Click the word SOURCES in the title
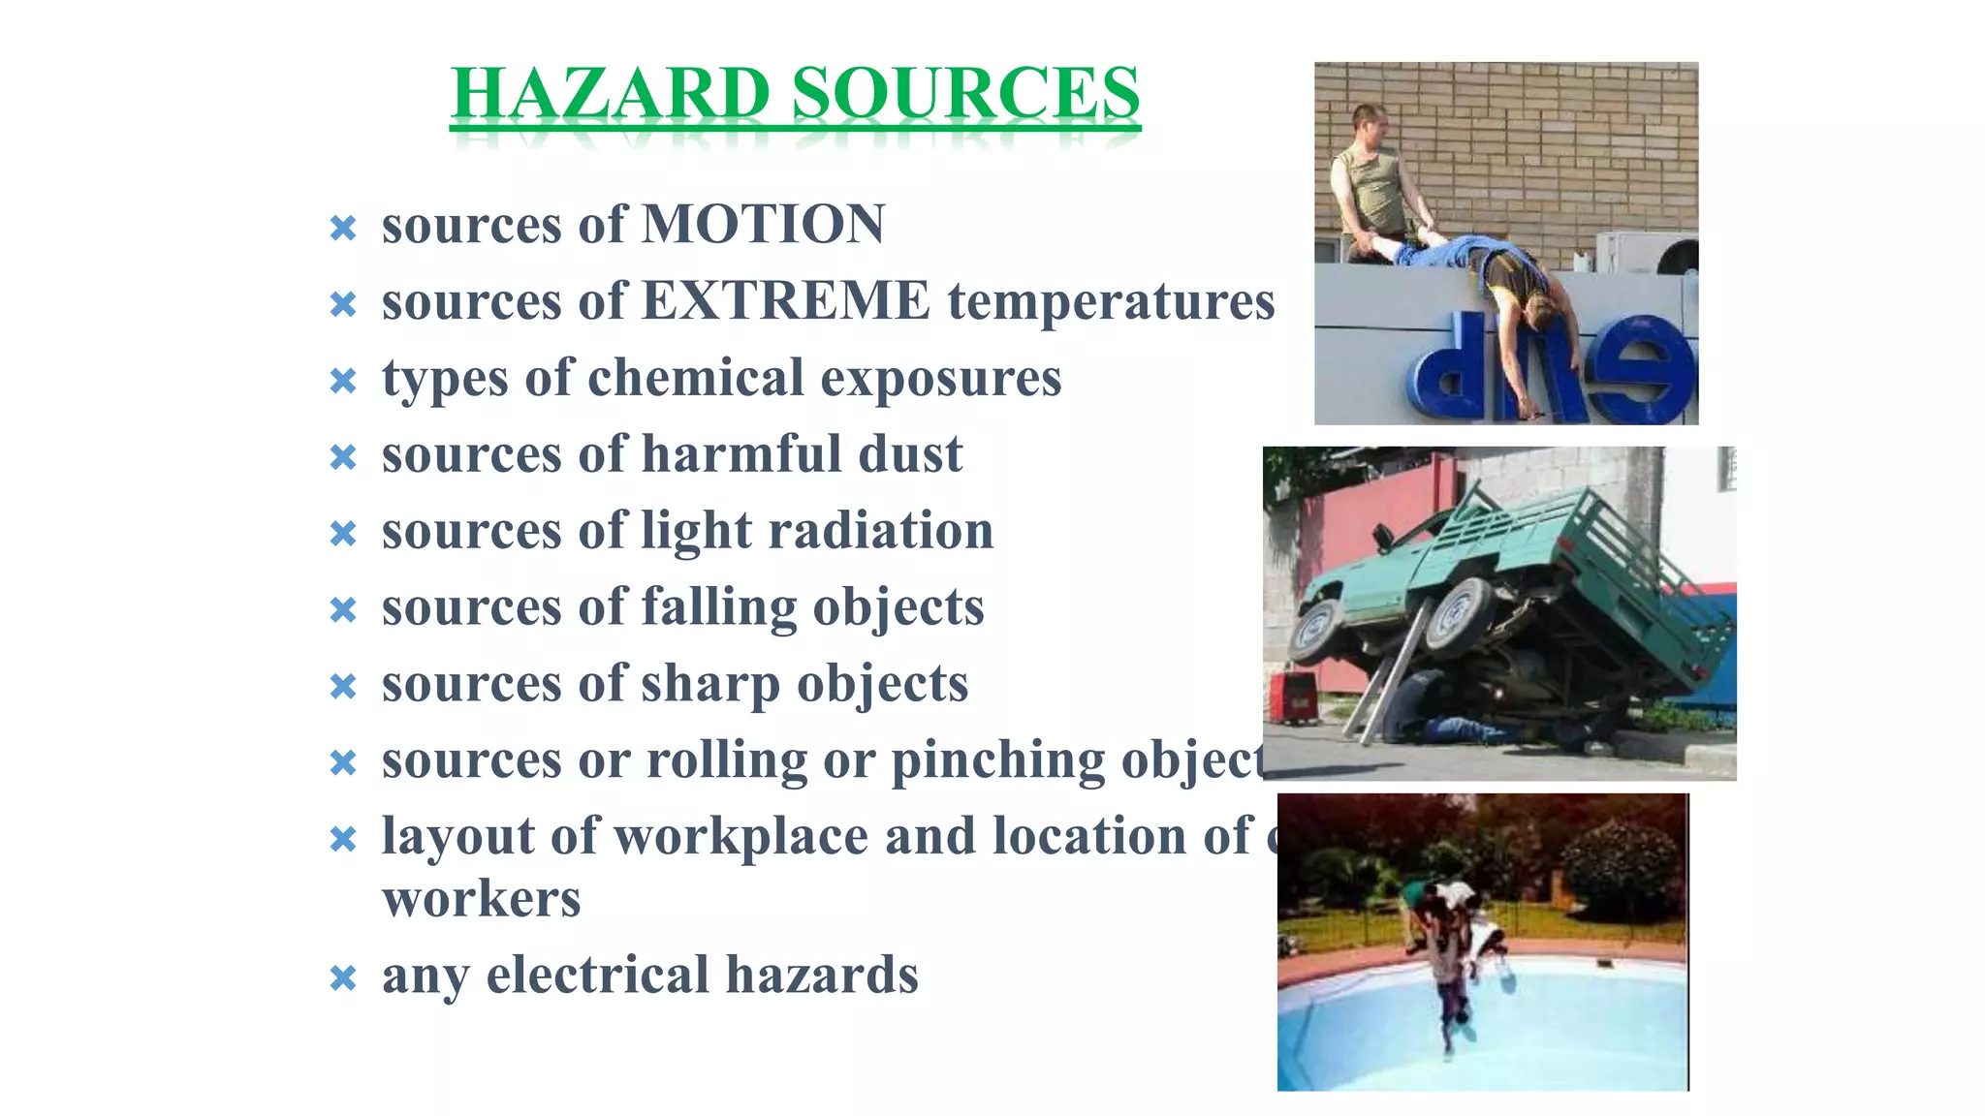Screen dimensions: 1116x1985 965,94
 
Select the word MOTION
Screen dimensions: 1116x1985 764,225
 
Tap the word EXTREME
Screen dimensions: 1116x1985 786,301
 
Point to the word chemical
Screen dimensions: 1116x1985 696,378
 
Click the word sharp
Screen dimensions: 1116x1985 709,684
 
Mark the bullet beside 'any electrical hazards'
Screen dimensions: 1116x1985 343,978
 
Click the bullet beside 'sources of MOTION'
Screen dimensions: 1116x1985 343,229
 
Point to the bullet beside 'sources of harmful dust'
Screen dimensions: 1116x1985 343,457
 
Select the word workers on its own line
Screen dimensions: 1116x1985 482,899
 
